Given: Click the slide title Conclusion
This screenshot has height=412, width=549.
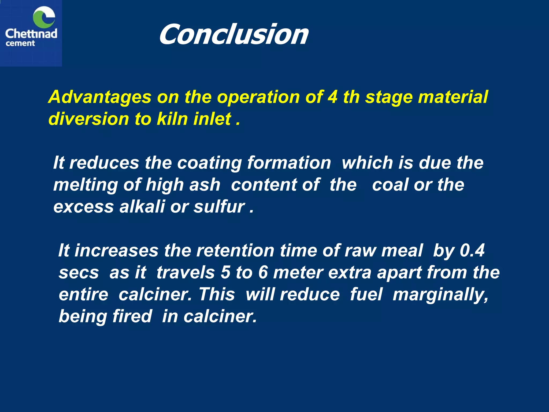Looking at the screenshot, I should [x=233, y=34].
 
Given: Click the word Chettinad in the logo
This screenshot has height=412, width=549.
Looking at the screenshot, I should [x=31, y=34].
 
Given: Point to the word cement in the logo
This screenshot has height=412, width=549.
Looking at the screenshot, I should [x=20, y=43].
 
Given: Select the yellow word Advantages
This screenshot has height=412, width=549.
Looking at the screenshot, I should [x=100, y=97].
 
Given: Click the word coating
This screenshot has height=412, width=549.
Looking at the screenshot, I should [x=209, y=163].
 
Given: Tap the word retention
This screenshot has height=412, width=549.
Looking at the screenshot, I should [x=235, y=251].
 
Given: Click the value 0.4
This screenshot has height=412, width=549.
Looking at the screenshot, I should [x=472, y=251].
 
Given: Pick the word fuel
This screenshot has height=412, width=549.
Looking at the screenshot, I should [x=366, y=294].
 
